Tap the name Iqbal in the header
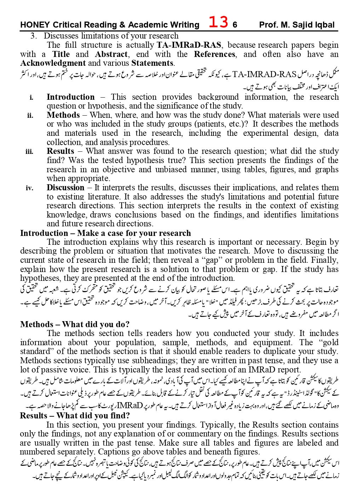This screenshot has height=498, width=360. [x=323, y=25]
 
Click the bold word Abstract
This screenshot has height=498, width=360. [x=111, y=54]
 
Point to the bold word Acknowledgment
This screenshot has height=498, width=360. [x=53, y=63]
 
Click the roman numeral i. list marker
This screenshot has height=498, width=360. [x=32, y=97]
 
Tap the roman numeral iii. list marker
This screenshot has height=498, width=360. [x=29, y=152]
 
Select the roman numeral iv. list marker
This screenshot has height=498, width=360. [x=29, y=188]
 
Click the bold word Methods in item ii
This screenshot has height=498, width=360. [x=63, y=115]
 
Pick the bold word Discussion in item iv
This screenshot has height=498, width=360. [x=65, y=188]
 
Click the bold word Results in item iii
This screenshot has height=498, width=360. [x=60, y=151]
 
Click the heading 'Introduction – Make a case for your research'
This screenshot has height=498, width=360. [x=105, y=233]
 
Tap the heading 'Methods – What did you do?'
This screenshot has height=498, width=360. [x=75, y=324]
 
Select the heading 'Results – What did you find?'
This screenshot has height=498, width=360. [x=75, y=416]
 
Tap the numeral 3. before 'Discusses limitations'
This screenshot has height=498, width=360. [x=34, y=36]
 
